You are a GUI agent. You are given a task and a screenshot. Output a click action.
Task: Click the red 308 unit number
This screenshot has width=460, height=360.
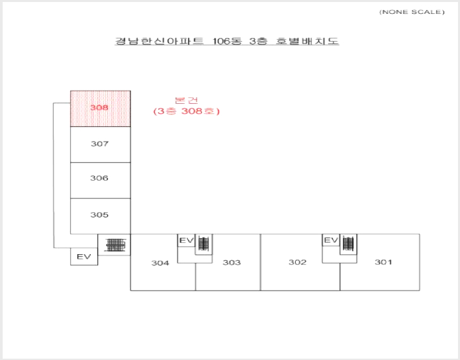pyautogui.click(x=99, y=108)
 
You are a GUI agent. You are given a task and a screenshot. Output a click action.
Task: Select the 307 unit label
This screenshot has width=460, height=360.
pyautogui.click(x=99, y=144)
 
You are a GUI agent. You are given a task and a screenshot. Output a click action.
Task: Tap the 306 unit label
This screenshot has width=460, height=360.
pyautogui.click(x=99, y=178)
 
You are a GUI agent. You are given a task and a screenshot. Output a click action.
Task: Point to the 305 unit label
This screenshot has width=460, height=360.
pyautogui.click(x=99, y=215)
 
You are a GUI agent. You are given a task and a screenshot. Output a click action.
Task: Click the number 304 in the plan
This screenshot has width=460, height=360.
pyautogui.click(x=160, y=263)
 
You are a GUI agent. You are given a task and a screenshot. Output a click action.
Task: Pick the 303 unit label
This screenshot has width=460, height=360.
pyautogui.click(x=232, y=262)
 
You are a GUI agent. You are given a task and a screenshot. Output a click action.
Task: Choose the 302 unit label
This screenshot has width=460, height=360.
pyautogui.click(x=297, y=262)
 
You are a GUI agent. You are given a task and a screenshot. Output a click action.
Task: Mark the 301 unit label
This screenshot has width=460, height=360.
pyautogui.click(x=383, y=262)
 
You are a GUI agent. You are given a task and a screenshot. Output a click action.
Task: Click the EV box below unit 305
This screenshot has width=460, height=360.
pyautogui.click(x=84, y=257)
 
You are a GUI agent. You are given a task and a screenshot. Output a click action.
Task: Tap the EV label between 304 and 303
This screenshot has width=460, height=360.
pyautogui.click(x=187, y=241)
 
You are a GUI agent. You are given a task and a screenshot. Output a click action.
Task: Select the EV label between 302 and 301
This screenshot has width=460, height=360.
pyautogui.click(x=331, y=241)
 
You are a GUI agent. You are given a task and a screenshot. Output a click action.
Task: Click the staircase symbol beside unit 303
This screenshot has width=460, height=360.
pyautogui.click(x=204, y=244)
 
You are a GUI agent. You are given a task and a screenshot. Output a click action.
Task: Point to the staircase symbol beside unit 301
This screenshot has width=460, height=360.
pyautogui.click(x=348, y=244)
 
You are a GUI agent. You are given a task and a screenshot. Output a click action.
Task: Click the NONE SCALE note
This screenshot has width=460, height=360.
pyautogui.click(x=412, y=12)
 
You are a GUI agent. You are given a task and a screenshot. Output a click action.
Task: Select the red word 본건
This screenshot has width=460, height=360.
pyautogui.click(x=186, y=101)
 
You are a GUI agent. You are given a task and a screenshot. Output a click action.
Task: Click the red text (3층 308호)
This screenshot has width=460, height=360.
pyautogui.click(x=186, y=111)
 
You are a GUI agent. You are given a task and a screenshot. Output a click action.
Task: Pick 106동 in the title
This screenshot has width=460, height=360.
pyautogui.click(x=227, y=41)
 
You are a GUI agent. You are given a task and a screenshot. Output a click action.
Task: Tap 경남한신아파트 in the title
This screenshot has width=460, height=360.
pyautogui.click(x=159, y=41)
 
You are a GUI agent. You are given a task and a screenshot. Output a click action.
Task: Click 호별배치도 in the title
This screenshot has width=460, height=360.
pyautogui.click(x=307, y=41)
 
